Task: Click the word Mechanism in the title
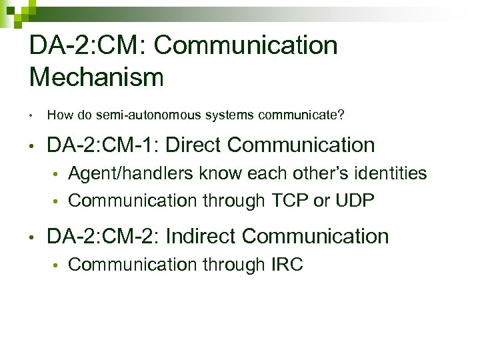pos(97,77)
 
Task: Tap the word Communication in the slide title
pos(247,45)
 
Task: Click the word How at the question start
pos(59,115)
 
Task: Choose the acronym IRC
pos(287,265)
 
